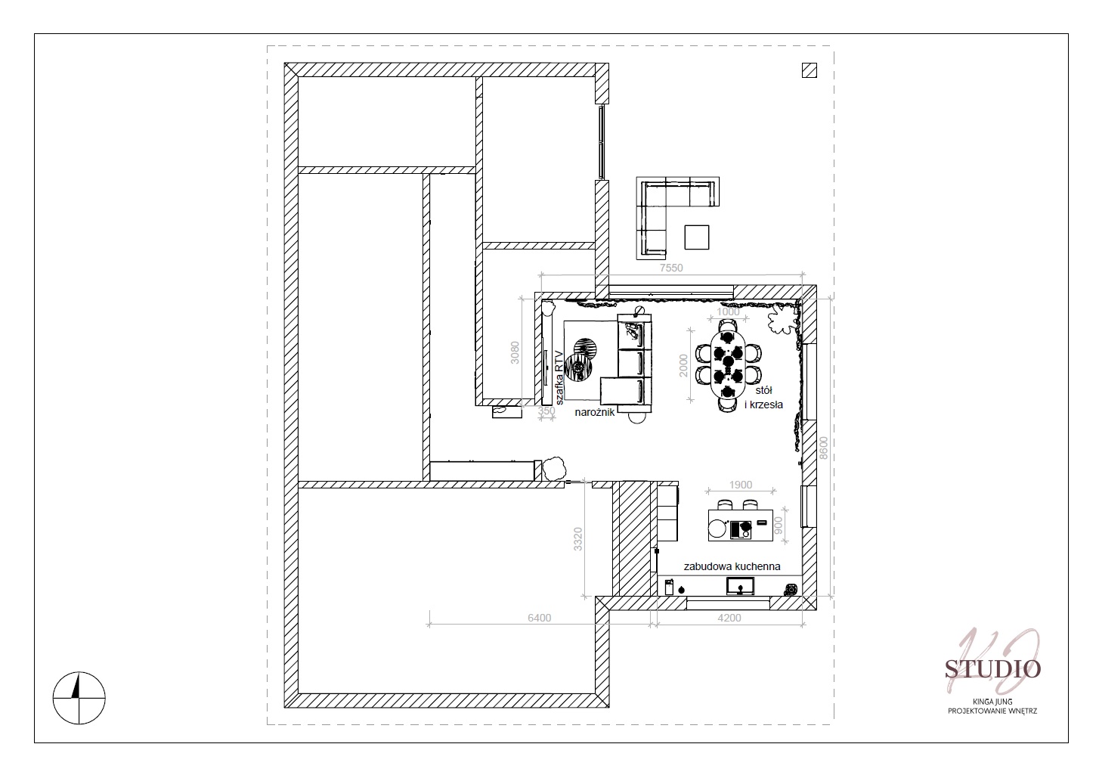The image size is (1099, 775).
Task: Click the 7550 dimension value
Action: coord(671,268)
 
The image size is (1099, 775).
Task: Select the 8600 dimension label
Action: coord(824,448)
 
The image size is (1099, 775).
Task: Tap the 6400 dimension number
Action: coord(539,618)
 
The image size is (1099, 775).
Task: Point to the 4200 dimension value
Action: coord(729,618)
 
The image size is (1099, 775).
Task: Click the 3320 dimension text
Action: coord(578,539)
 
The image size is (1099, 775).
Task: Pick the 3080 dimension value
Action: coord(515,352)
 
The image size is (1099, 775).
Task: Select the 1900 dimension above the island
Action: coord(741,485)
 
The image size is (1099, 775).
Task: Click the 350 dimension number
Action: coord(546,411)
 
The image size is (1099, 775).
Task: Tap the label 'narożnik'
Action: coord(595,412)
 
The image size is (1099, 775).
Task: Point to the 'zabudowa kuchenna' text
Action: coord(732,566)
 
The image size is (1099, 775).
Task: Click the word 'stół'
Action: coord(763,391)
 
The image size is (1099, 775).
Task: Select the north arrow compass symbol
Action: coord(79,697)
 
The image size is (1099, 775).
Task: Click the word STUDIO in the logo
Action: coord(992,669)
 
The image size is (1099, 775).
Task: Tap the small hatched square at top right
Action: coord(810,70)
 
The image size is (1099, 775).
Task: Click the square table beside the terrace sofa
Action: coord(697,237)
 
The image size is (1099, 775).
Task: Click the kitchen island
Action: coord(741,525)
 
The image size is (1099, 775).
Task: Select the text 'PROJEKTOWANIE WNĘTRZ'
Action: coord(992,711)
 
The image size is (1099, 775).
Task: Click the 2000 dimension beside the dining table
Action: coord(683,366)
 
